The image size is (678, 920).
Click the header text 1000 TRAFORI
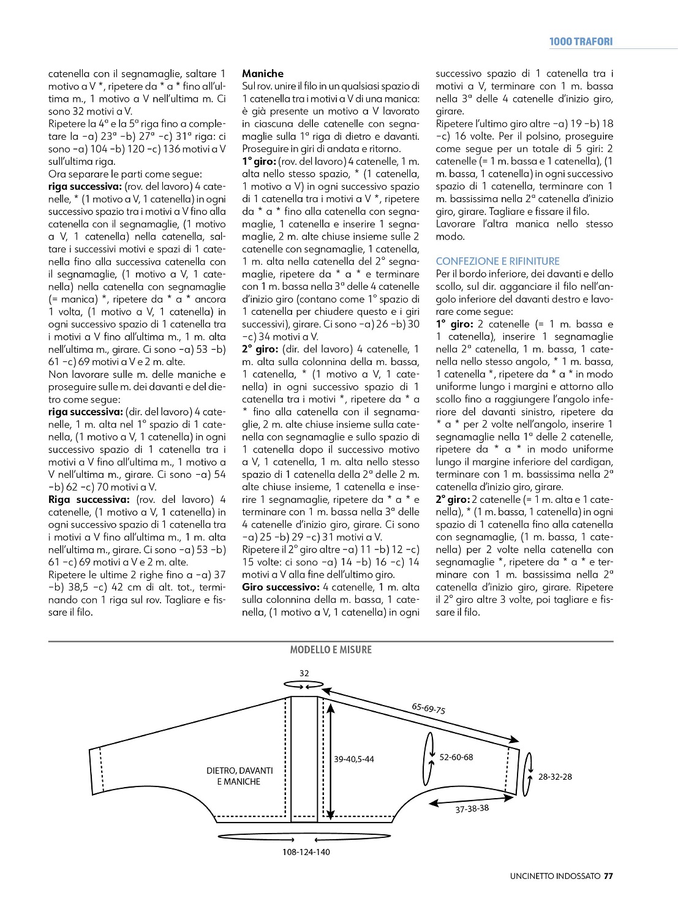point(581,42)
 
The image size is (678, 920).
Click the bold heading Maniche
point(263,74)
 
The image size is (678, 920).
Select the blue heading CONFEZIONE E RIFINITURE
point(497,261)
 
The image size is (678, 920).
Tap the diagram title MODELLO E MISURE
point(331,650)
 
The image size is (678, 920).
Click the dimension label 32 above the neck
point(304,673)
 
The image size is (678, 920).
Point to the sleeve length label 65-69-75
point(429,708)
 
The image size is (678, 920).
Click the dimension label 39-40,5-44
point(354,759)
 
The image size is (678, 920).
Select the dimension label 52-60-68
point(456,757)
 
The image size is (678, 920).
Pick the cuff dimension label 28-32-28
point(555,777)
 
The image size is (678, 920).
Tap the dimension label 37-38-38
point(472,809)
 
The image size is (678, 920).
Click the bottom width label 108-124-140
point(306,852)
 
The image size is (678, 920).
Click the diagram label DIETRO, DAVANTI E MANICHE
point(239,776)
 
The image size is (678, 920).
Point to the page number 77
point(608,876)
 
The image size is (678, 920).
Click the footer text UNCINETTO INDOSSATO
point(555,876)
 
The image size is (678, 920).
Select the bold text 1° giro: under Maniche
point(258,162)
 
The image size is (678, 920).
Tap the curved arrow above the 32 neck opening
point(304,685)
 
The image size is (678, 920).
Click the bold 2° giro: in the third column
point(452,499)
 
